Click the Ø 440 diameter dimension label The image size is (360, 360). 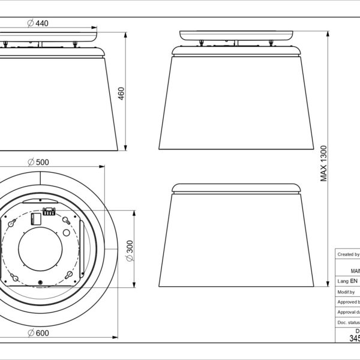(x=38, y=23)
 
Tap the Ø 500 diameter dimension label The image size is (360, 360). (x=38, y=162)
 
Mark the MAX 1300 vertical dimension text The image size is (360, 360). (x=324, y=163)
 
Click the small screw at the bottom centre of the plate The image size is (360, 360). (x=40, y=283)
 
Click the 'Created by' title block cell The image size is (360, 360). (x=347, y=254)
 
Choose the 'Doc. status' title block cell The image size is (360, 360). (x=347, y=323)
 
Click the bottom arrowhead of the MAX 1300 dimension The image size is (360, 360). (x=328, y=283)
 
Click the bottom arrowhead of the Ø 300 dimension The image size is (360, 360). (x=133, y=283)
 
